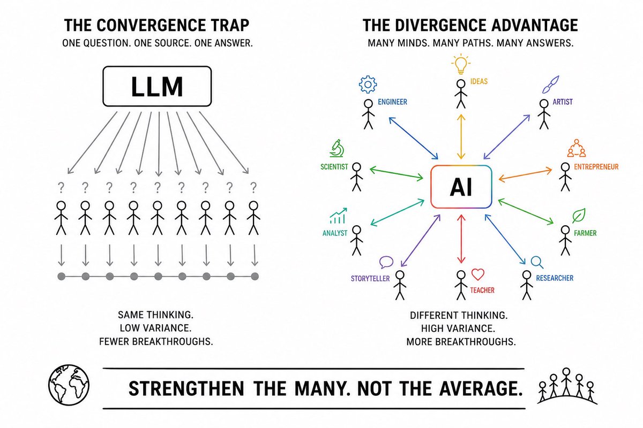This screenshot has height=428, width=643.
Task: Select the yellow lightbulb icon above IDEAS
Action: [461, 64]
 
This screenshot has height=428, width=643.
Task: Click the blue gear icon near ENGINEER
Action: [368, 85]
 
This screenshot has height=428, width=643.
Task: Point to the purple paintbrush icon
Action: [550, 85]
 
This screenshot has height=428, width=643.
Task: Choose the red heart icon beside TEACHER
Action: [477, 274]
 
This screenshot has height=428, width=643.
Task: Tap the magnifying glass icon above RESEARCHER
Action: [537, 262]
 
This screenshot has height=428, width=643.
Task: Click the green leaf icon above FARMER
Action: [578, 216]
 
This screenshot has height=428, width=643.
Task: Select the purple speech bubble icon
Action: [386, 262]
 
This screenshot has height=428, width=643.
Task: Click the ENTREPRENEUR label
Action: [596, 167]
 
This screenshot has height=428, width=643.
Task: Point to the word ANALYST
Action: [335, 233]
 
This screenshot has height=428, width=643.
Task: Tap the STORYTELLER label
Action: [370, 278]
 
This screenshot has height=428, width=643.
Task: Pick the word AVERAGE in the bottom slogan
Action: [481, 389]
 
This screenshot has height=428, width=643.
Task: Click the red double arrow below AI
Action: [461, 239]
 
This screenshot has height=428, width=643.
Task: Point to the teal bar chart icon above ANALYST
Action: [338, 216]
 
